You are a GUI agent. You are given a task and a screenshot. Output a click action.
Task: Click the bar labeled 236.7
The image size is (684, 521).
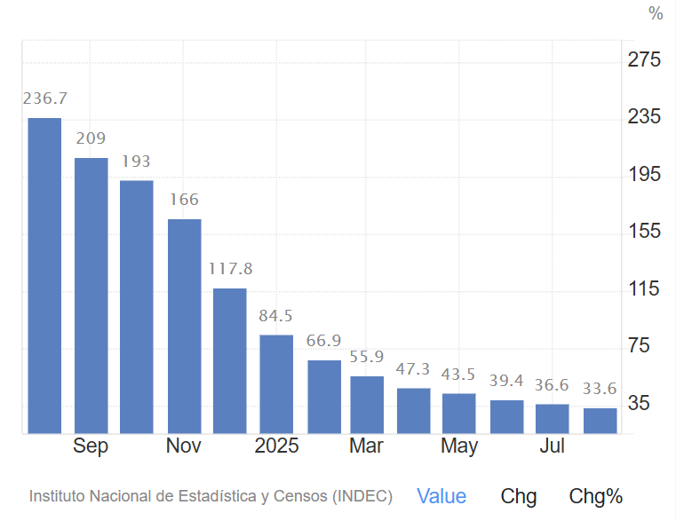44,275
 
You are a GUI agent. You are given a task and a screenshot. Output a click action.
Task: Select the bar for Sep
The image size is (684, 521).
91,296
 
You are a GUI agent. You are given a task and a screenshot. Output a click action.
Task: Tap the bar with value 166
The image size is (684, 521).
185,326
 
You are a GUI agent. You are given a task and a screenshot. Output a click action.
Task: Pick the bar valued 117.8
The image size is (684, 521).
230,360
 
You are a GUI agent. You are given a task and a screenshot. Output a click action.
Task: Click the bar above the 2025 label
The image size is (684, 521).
276,383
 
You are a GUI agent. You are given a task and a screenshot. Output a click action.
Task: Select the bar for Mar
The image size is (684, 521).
367,405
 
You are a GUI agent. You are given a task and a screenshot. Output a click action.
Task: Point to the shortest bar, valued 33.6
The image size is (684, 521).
600,421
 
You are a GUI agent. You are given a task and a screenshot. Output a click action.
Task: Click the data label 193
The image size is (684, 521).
136,162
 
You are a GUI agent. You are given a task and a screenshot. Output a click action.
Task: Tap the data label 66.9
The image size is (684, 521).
324,342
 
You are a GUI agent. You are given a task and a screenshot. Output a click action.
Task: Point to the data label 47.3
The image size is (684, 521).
413,369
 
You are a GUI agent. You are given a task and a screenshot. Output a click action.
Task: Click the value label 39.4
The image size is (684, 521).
506,381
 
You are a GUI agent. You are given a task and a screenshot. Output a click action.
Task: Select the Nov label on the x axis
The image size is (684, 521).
184,446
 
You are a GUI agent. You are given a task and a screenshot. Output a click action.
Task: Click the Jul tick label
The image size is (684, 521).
553,446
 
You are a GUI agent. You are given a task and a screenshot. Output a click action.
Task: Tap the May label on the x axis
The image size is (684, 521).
459,446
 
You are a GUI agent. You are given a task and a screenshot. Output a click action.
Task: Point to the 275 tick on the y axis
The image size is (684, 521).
645,60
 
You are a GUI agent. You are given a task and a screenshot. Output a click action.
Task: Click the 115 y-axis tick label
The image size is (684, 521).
645,289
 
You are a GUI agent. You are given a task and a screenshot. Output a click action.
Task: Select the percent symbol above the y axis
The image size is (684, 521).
656,13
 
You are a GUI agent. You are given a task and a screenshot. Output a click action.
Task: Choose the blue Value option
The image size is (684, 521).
441,496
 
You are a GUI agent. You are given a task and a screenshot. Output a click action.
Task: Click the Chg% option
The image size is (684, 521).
595,496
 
